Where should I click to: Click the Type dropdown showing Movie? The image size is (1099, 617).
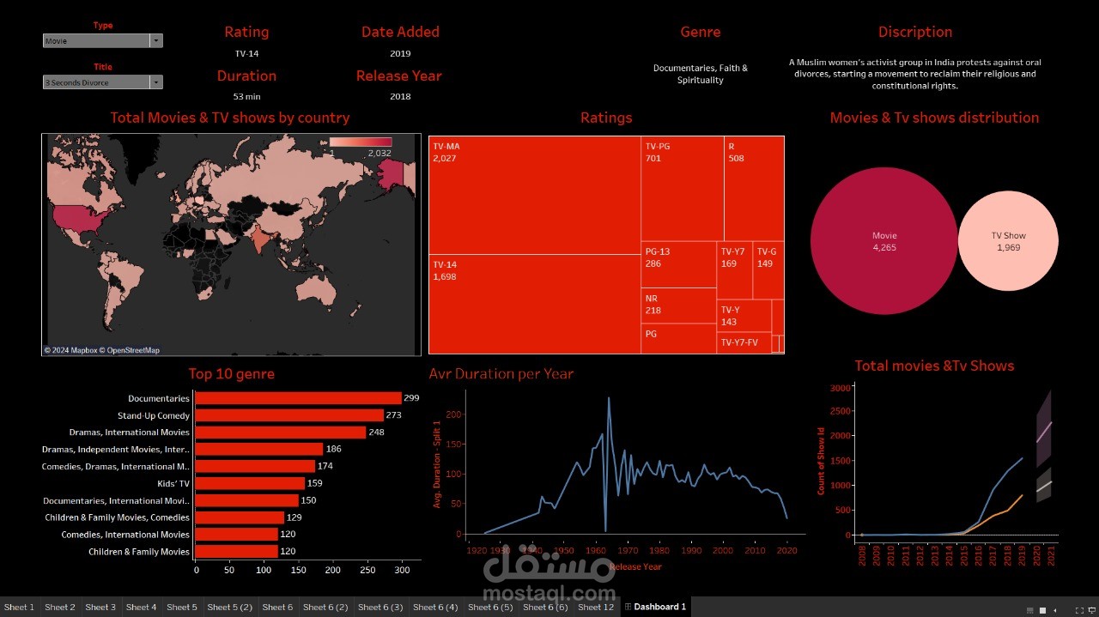102,41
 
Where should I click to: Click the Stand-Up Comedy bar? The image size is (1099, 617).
289,415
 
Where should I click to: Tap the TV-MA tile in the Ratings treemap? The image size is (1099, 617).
535,195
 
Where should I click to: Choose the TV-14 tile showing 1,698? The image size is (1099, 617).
535,304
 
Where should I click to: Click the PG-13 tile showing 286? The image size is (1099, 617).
678,264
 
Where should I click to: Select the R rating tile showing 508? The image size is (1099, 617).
753,189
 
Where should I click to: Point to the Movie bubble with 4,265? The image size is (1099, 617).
883,241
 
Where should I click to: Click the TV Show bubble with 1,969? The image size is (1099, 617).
1008,241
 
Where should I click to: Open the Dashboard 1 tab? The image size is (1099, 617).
657,608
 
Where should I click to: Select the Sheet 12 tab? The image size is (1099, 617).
596,608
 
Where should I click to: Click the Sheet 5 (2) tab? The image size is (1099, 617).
229,608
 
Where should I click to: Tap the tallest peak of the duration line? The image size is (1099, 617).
609,398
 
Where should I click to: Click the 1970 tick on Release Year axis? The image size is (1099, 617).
628,551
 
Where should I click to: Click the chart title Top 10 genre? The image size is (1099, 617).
232,374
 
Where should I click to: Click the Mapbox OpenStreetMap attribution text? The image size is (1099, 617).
102,350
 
